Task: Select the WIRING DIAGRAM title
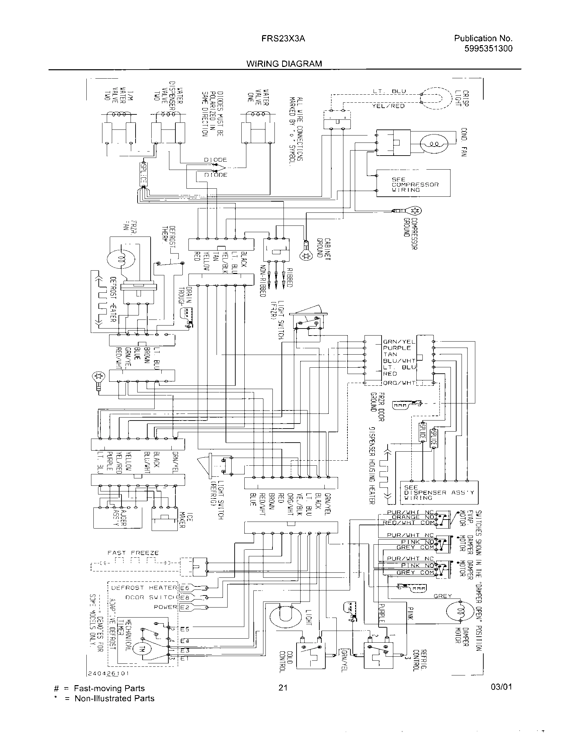[x=284, y=64]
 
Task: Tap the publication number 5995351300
[x=488, y=49]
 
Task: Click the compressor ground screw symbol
[x=415, y=211]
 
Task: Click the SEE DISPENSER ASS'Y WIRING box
[x=439, y=492]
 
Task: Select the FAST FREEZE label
[x=133, y=553]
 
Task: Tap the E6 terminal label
[x=185, y=588]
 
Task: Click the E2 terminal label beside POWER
[x=185, y=607]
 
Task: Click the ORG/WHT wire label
[x=399, y=383]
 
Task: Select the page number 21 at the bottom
[x=283, y=687]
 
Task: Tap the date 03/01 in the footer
[x=501, y=687]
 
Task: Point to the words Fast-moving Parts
[x=109, y=688]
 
